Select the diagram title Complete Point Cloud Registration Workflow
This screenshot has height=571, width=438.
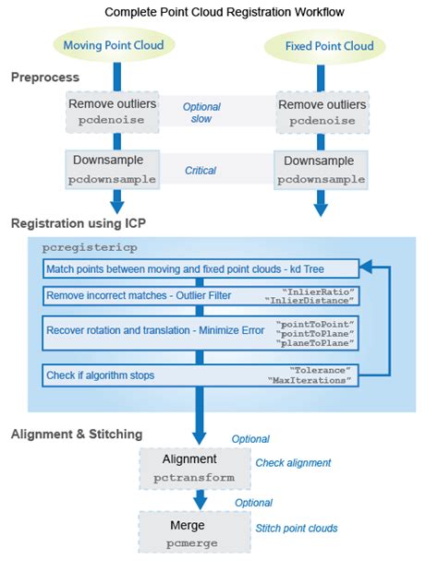pyautogui.click(x=219, y=12)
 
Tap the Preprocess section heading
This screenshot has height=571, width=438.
pyautogui.click(x=44, y=77)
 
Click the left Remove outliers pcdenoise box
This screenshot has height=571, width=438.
pyautogui.click(x=113, y=112)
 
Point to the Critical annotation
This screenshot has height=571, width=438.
pyautogui.click(x=201, y=170)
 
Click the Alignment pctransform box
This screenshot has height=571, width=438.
pyautogui.click(x=189, y=468)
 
